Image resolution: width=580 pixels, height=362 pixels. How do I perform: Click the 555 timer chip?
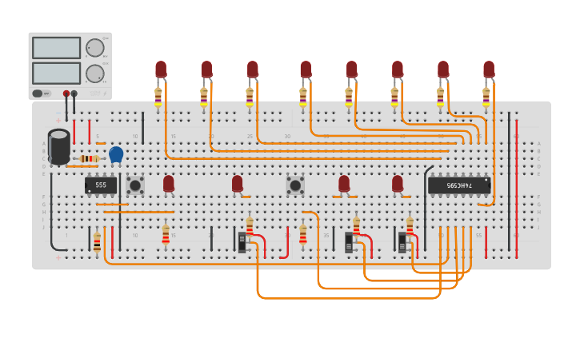tap(101, 185)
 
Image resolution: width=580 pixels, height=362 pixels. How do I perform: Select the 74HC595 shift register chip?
tap(458, 185)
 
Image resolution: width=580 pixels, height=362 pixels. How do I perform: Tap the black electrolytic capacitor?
tap(59, 146)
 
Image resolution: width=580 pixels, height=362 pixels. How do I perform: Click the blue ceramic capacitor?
tap(116, 154)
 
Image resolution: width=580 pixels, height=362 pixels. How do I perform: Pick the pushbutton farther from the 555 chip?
tap(295, 185)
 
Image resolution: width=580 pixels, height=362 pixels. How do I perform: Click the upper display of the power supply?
tap(56, 48)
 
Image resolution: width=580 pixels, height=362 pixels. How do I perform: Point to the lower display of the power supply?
tap(56, 73)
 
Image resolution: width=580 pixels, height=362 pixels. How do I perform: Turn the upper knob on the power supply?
tap(94, 48)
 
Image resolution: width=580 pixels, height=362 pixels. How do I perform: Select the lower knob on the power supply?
tap(94, 74)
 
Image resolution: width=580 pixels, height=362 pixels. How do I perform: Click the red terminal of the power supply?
tap(66, 93)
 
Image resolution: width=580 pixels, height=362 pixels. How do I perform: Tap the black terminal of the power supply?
tap(74, 93)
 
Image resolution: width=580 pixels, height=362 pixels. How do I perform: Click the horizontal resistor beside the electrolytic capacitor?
tap(89, 159)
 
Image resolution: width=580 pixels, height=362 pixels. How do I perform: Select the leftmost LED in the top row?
tap(161, 70)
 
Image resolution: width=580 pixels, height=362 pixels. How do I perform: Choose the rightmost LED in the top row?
tap(489, 70)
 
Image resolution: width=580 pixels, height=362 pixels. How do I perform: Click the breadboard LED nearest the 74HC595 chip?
tap(398, 184)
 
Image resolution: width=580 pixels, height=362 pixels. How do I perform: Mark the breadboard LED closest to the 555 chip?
tap(168, 184)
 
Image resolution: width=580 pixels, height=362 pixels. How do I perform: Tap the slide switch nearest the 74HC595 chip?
tap(402, 242)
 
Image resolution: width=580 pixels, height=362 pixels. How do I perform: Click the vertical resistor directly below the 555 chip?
tap(97, 242)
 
